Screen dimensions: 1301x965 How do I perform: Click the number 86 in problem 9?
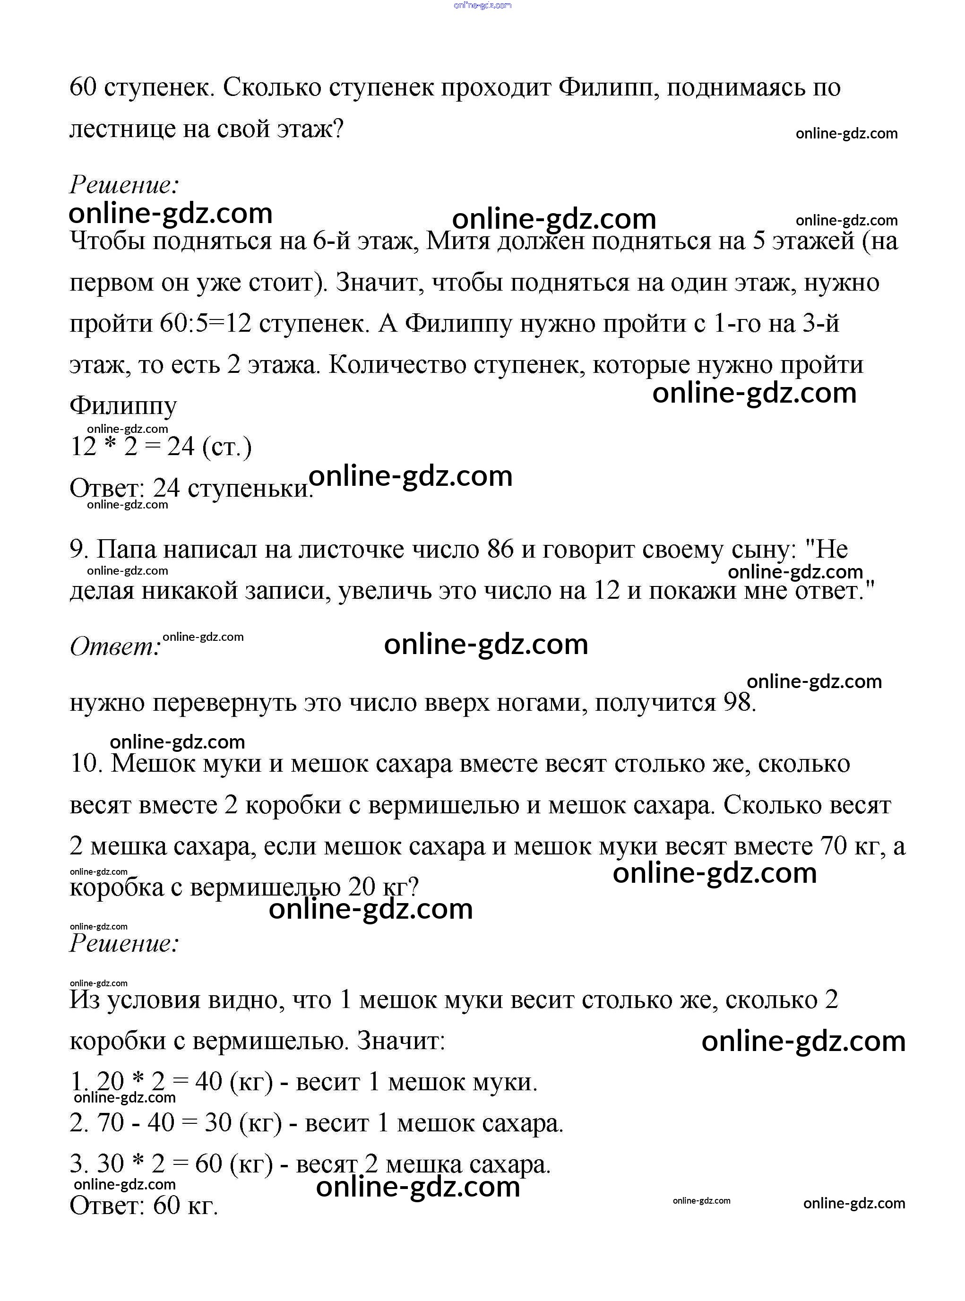(500, 550)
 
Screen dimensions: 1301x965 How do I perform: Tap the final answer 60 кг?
(185, 1205)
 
